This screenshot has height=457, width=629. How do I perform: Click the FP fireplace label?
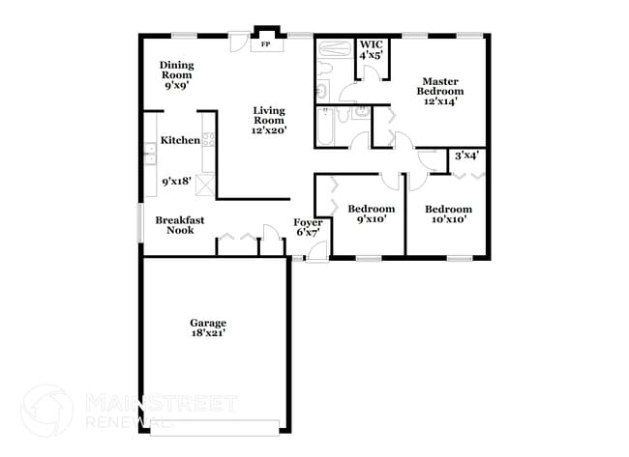click(x=265, y=44)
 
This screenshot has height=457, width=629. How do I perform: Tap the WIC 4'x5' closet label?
click(x=371, y=49)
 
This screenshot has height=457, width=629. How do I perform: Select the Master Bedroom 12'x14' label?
click(x=440, y=92)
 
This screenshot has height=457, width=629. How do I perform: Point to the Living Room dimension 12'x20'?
click(x=269, y=130)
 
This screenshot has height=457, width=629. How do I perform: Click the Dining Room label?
click(x=176, y=71)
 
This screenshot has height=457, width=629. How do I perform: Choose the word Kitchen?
click(x=180, y=140)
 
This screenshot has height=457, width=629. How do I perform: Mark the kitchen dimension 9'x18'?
click(x=176, y=182)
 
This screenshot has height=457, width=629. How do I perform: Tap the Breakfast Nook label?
click(x=180, y=225)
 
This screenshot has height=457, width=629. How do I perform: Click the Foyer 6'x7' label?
click(x=308, y=227)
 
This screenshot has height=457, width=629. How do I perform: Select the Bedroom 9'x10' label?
click(x=371, y=214)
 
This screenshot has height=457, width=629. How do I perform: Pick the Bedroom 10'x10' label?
click(x=448, y=214)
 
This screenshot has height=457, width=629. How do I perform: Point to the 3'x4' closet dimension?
click(x=466, y=156)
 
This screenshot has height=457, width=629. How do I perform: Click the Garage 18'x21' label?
click(x=208, y=328)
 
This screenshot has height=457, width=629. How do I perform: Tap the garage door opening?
click(x=215, y=428)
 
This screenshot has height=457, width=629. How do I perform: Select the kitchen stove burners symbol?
click(x=209, y=139)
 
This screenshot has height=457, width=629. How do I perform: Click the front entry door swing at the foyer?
click(x=316, y=252)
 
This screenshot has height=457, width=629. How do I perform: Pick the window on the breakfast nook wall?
click(x=140, y=222)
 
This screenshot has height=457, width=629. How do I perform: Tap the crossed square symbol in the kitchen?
click(x=205, y=186)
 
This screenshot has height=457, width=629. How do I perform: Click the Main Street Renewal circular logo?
click(x=47, y=411)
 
